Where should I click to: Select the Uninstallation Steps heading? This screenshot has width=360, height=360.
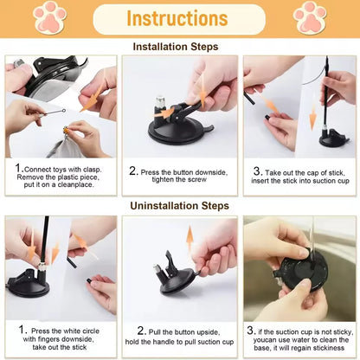(179, 206)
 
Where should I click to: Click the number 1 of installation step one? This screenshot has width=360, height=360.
(19, 168)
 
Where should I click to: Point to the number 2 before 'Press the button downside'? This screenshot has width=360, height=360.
(133, 171)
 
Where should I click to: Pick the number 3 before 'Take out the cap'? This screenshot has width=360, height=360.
(257, 172)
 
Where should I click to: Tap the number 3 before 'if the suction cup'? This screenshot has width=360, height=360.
(249, 330)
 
